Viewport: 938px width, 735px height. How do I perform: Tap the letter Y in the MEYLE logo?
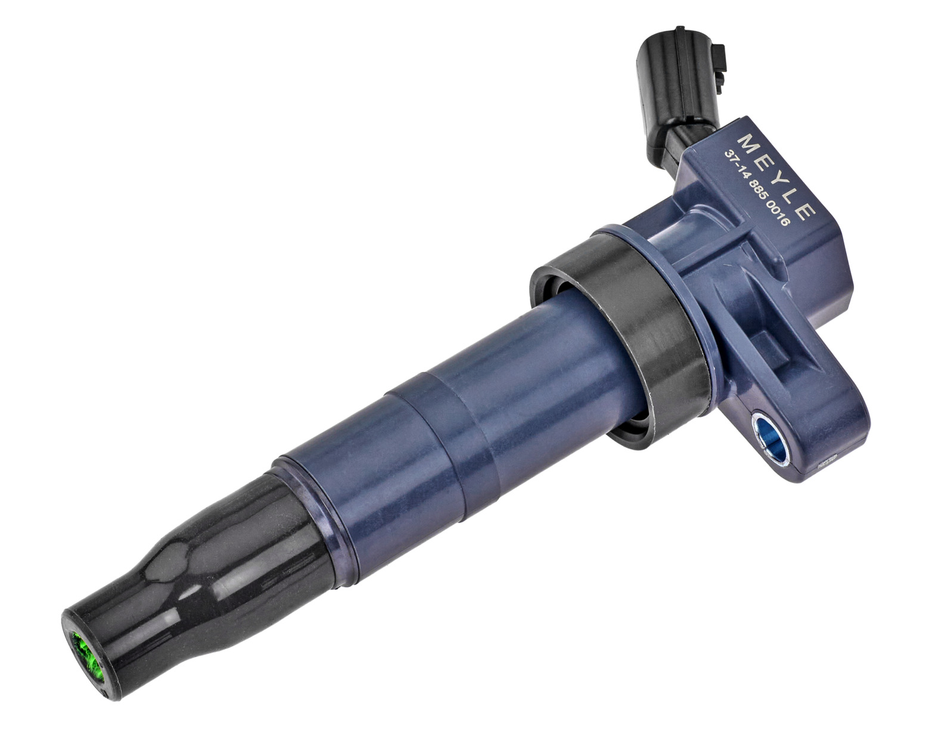tap(777, 177)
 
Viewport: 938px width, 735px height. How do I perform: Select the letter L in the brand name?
tap(791, 194)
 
